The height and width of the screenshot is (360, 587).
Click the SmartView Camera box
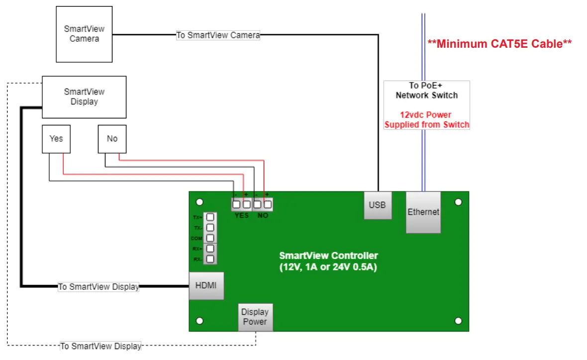click(84, 34)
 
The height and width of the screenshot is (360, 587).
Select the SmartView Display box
click(84, 97)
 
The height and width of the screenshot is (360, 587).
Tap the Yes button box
click(56, 139)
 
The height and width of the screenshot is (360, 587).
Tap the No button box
click(112, 139)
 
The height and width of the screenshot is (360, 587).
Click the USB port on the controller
click(377, 205)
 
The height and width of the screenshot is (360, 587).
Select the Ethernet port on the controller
click(423, 212)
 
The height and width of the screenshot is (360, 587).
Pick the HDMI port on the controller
click(206, 286)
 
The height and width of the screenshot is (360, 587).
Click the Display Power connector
click(255, 317)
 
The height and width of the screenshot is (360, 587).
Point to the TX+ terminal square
click(210, 217)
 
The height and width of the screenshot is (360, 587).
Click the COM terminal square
click(210, 238)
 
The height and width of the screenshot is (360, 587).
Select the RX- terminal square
click(210, 259)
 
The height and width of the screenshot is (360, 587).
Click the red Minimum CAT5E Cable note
click(499, 44)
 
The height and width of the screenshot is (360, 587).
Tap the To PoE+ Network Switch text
click(426, 90)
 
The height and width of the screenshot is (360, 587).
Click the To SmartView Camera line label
click(218, 35)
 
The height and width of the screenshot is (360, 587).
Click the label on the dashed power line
click(100, 346)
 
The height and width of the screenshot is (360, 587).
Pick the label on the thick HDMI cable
click(98, 287)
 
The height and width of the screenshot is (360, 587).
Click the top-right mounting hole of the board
click(458, 202)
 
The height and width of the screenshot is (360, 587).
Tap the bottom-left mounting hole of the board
click(199, 321)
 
